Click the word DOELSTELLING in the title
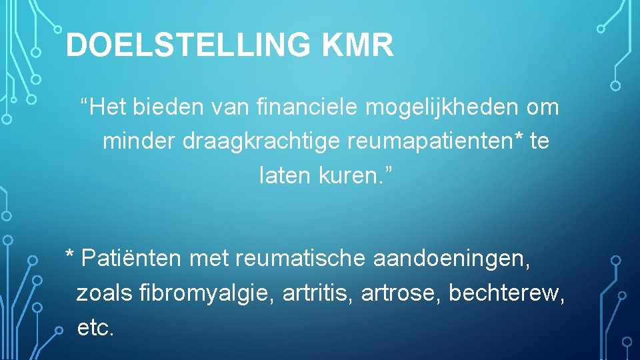(189, 46)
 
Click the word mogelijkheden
(443, 107)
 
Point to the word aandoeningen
(451, 257)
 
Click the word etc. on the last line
(96, 327)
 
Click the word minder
(137, 141)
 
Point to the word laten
(283, 176)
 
